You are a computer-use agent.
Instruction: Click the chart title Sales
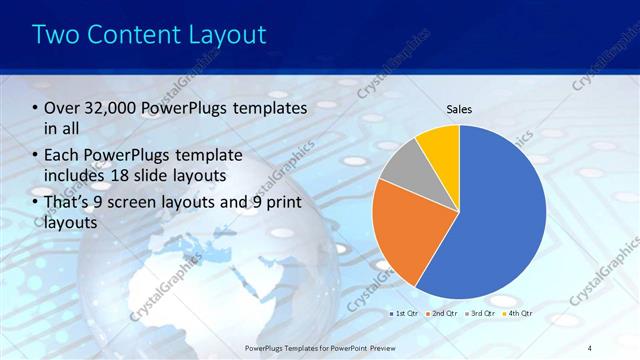tap(459, 110)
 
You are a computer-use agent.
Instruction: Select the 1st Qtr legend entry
tap(403, 313)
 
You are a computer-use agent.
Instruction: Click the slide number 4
tap(589, 346)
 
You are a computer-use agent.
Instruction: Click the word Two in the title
tap(54, 35)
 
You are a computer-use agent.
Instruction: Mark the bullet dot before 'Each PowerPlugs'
tap(36, 155)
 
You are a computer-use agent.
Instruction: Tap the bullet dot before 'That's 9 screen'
tap(36, 203)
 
